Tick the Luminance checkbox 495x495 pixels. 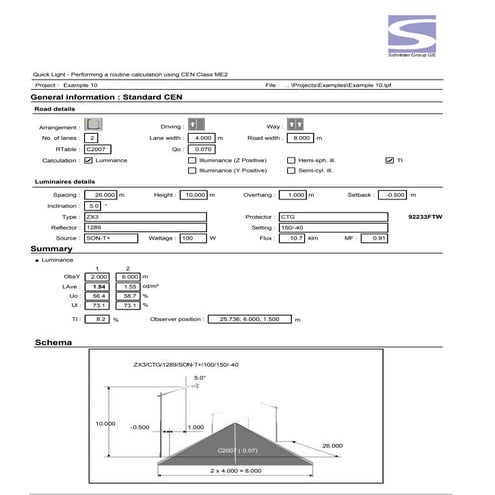pyautogui.click(x=89, y=160)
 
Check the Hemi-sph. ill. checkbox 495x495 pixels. pyautogui.click(x=290, y=160)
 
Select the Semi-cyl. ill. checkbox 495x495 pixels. pyautogui.click(x=290, y=171)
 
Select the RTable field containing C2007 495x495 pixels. pyautogui.click(x=98, y=148)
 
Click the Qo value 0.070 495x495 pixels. pyautogui.click(x=205, y=148)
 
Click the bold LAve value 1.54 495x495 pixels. pyautogui.click(x=99, y=286)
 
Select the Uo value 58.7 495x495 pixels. pyautogui.click(x=127, y=297)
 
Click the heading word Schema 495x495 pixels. pyautogui.click(x=52, y=342)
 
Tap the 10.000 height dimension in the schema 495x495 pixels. pyautogui.click(x=106, y=423)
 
